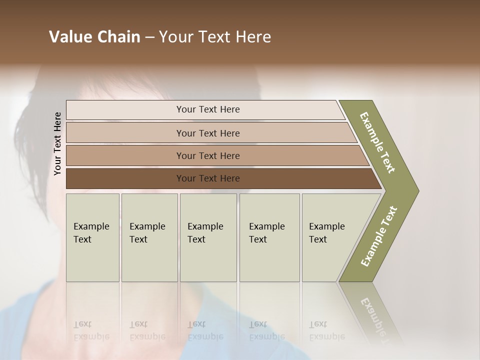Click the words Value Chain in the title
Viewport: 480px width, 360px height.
click(x=94, y=37)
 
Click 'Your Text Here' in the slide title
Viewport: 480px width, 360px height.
click(x=215, y=37)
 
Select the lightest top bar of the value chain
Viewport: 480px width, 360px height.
click(x=125, y=110)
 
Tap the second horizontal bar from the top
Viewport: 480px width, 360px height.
click(x=125, y=133)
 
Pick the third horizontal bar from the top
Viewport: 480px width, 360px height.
click(x=125, y=156)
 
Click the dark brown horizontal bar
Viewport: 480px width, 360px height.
click(x=125, y=178)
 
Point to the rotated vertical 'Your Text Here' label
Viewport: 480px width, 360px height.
click(x=57, y=144)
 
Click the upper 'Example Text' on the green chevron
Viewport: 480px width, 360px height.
click(x=377, y=142)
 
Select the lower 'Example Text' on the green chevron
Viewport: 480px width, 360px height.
click(x=378, y=236)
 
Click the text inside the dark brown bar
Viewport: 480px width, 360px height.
click(x=208, y=178)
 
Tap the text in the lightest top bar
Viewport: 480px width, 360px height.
click(x=208, y=109)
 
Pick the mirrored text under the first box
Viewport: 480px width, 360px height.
click(x=91, y=330)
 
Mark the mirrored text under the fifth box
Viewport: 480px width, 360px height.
click(x=326, y=330)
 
